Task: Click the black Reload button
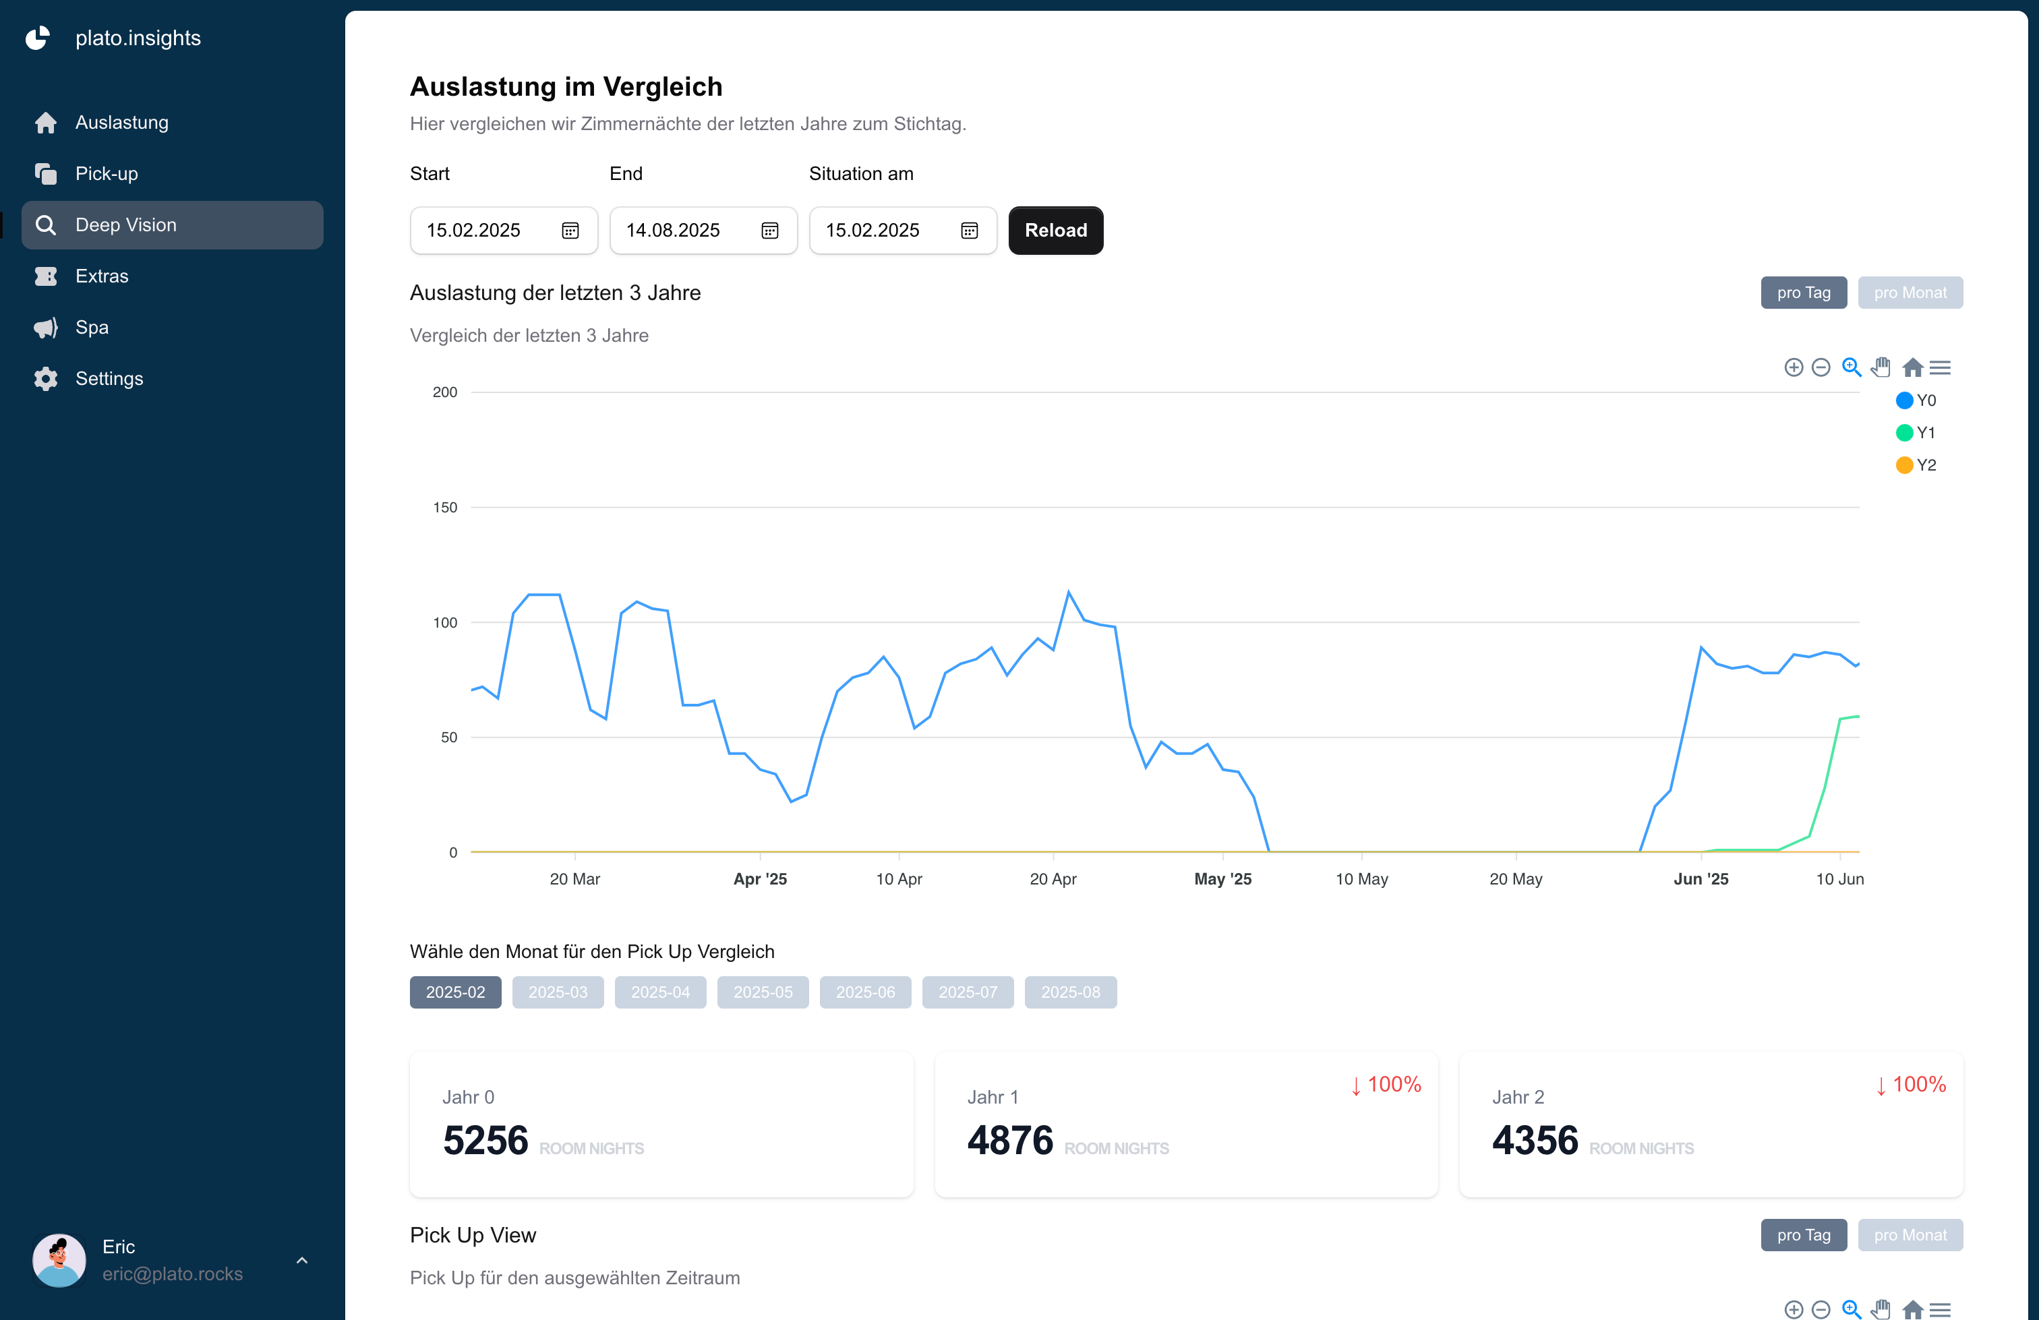coord(1055,231)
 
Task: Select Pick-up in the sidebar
coord(107,174)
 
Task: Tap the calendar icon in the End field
coord(769,231)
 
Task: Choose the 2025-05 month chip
coord(762,992)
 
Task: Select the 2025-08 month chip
coord(1069,992)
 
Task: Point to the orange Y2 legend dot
coord(1903,465)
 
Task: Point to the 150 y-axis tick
coord(444,507)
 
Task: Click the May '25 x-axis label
coord(1222,879)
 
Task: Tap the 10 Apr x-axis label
coord(898,879)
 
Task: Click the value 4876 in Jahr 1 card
coord(1009,1140)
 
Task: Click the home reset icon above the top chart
coord(1912,367)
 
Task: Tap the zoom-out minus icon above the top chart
coord(1821,367)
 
